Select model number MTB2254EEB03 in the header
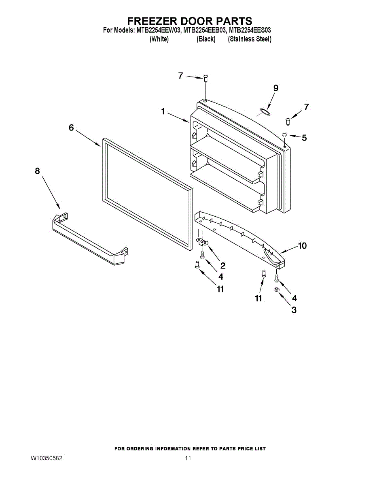(204, 30)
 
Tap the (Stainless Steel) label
(250, 39)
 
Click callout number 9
(276, 88)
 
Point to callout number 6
(71, 128)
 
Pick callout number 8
(37, 171)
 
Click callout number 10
(303, 246)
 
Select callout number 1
(163, 111)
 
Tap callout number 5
(304, 138)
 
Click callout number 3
(294, 310)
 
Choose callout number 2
(222, 266)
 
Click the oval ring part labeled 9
(265, 112)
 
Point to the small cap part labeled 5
(284, 134)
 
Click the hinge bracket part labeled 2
(202, 241)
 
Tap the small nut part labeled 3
(276, 290)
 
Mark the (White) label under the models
(159, 39)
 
